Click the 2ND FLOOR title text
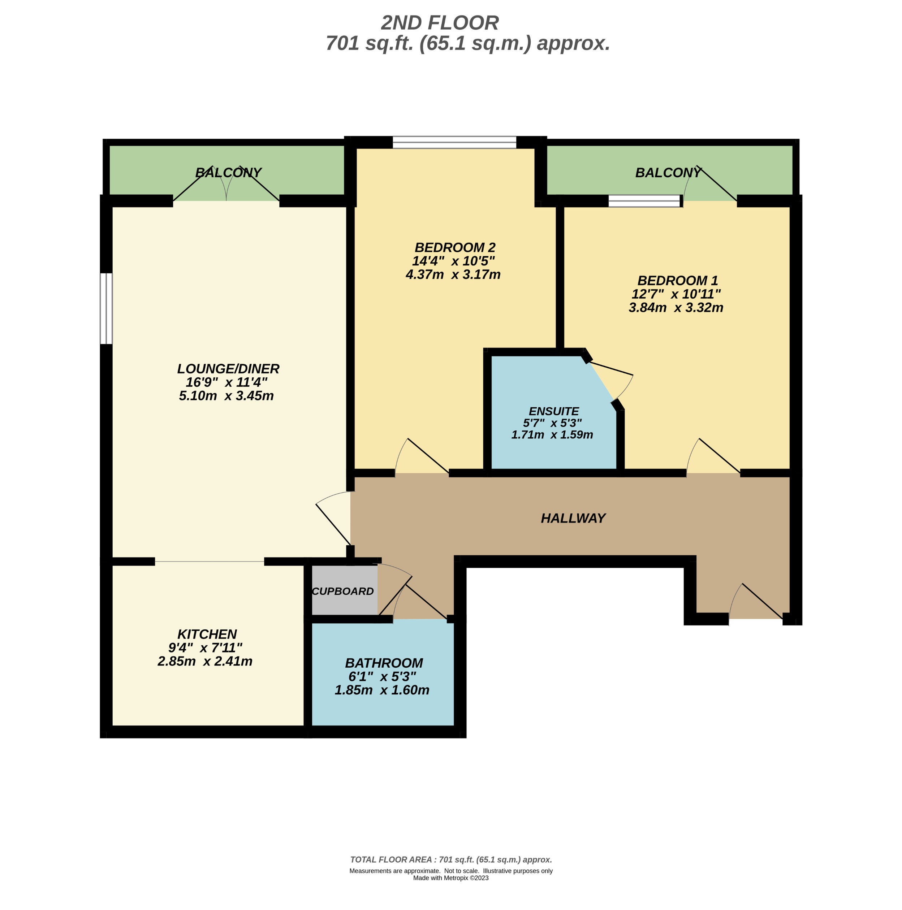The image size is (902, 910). (x=440, y=23)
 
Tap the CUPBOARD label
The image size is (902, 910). (x=342, y=591)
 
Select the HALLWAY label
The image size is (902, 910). (x=573, y=518)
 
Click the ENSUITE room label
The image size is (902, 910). (x=553, y=411)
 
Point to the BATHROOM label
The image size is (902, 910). (x=384, y=663)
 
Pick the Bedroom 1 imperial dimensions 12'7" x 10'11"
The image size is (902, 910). (x=676, y=294)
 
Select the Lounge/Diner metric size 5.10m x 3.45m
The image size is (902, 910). (x=226, y=396)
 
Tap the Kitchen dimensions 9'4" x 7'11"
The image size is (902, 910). (x=205, y=647)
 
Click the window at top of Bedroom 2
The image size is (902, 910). (x=454, y=142)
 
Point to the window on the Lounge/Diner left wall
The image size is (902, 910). (x=106, y=308)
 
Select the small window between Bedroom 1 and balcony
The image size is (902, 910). (x=645, y=201)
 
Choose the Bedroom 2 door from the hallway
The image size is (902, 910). (x=422, y=457)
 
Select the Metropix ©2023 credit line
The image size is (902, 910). (x=450, y=878)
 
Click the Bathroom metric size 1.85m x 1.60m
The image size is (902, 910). (x=382, y=690)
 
